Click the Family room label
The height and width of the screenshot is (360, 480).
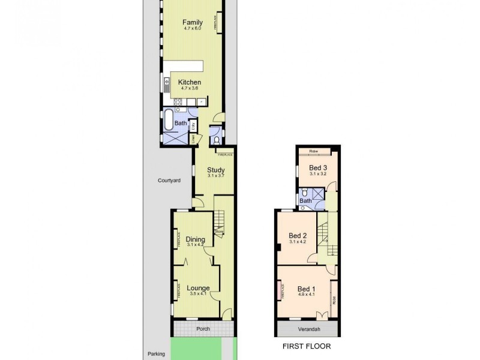coord(192,23)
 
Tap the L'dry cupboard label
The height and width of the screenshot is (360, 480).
coord(193,126)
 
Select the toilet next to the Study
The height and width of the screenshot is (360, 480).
coord(217,140)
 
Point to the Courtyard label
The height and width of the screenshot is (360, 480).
coord(169,180)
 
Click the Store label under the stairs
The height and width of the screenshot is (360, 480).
coord(219,232)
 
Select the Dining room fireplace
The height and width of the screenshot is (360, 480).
coord(178,241)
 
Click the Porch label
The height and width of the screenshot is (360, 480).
coord(202,329)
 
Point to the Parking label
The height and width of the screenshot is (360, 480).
coord(158,354)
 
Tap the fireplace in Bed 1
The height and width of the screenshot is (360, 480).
coord(281,292)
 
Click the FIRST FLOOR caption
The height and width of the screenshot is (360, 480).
coord(307,347)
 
